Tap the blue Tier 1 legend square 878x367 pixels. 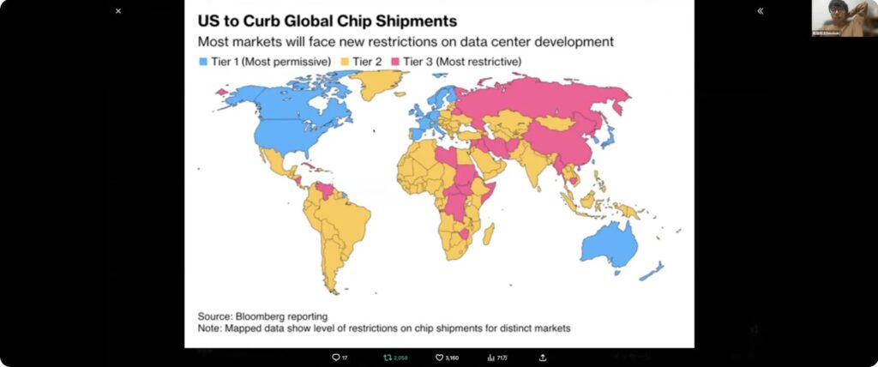[x=203, y=62]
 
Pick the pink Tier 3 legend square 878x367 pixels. [x=396, y=62]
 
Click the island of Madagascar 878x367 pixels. [x=489, y=233]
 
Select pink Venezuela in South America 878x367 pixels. [x=326, y=188]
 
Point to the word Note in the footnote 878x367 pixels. [x=211, y=328]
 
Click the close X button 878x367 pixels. [x=118, y=11]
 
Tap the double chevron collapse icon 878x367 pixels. [x=760, y=11]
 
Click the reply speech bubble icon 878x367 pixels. [x=335, y=358]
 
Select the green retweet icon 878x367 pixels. [x=387, y=358]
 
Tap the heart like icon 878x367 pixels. [x=439, y=358]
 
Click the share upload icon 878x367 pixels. [x=542, y=358]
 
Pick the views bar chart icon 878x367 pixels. [x=491, y=358]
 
